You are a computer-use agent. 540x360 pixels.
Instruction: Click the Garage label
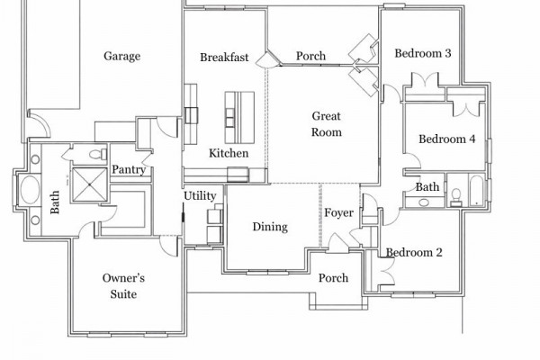[121, 56]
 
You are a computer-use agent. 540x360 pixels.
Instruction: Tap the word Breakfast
[224, 58]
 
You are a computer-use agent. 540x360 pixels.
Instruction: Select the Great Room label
[327, 124]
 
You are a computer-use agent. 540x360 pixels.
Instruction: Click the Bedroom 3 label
[423, 53]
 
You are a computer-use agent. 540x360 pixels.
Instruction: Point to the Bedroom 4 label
[446, 139]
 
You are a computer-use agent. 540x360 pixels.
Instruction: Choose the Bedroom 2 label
[414, 253]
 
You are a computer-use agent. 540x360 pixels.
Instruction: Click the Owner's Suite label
[123, 286]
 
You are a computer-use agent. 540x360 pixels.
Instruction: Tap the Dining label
[270, 227]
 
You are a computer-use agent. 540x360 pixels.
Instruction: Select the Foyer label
[339, 213]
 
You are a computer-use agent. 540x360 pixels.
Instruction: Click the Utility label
[200, 196]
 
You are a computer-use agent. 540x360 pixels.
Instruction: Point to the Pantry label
[129, 169]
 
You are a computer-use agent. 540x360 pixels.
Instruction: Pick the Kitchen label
[229, 153]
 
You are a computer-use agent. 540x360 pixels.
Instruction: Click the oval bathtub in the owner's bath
[30, 189]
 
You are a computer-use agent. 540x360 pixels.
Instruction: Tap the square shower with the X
[89, 184]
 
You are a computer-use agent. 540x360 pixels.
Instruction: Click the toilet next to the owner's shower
[98, 154]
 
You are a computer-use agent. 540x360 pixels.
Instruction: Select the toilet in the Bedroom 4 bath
[456, 197]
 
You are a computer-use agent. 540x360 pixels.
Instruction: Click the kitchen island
[239, 118]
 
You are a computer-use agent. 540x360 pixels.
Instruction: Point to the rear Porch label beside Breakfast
[310, 56]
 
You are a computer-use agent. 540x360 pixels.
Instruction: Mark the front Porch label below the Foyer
[333, 278]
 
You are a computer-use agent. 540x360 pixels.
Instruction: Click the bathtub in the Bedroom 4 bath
[477, 191]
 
